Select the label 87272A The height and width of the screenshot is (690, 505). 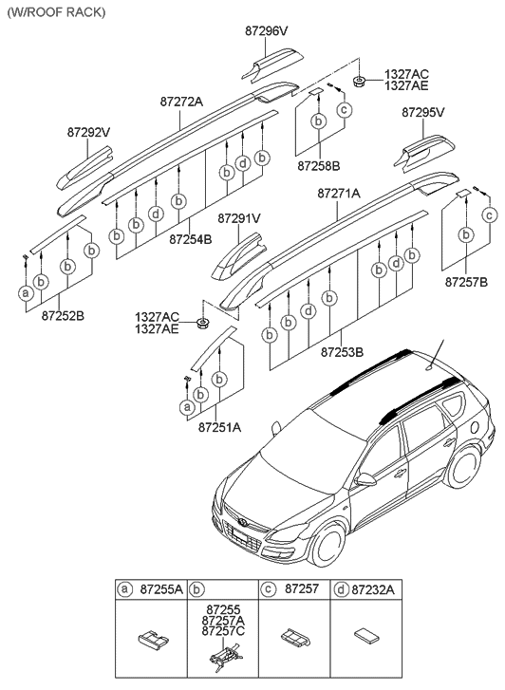click(x=179, y=100)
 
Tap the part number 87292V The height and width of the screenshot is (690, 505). click(x=89, y=132)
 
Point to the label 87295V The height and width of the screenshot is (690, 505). click(x=422, y=112)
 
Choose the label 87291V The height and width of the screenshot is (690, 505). click(x=238, y=218)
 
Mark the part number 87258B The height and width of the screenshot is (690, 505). click(x=318, y=166)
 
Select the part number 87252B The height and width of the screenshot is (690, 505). click(x=60, y=315)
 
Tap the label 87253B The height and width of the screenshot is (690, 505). click(x=340, y=352)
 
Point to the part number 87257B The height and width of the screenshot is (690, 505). click(x=465, y=282)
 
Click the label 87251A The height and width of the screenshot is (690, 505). click(x=219, y=428)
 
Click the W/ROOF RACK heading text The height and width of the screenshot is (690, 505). click(x=55, y=12)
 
